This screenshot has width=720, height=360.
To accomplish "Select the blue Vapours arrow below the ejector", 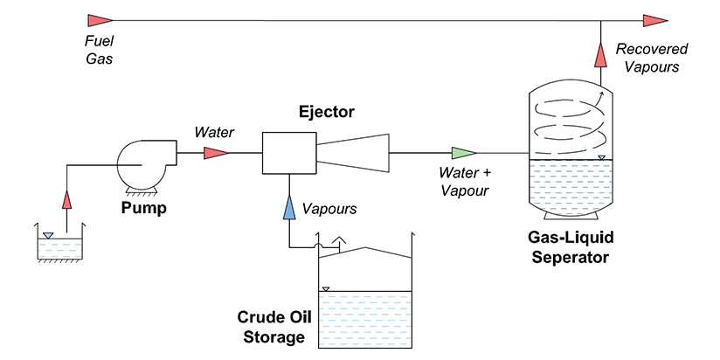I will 288,207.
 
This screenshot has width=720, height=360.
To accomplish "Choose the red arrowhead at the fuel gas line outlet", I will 654,19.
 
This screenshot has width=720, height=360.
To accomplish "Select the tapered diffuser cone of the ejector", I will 351,153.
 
